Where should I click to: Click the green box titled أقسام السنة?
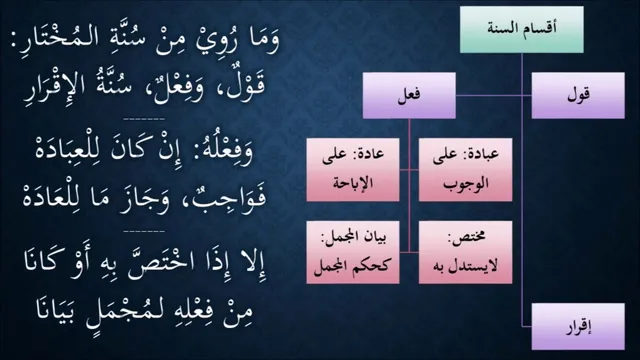(x=522, y=29)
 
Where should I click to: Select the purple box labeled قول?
(x=578, y=96)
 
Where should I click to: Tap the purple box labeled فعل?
(x=409, y=96)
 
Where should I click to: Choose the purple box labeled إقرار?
(x=578, y=327)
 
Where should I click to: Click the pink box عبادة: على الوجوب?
(x=465, y=169)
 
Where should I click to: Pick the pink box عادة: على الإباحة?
(x=353, y=169)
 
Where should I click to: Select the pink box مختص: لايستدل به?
(x=465, y=252)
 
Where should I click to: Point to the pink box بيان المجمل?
(x=353, y=252)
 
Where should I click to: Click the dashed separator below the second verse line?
(x=144, y=119)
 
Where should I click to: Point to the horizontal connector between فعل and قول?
(x=493, y=96)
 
